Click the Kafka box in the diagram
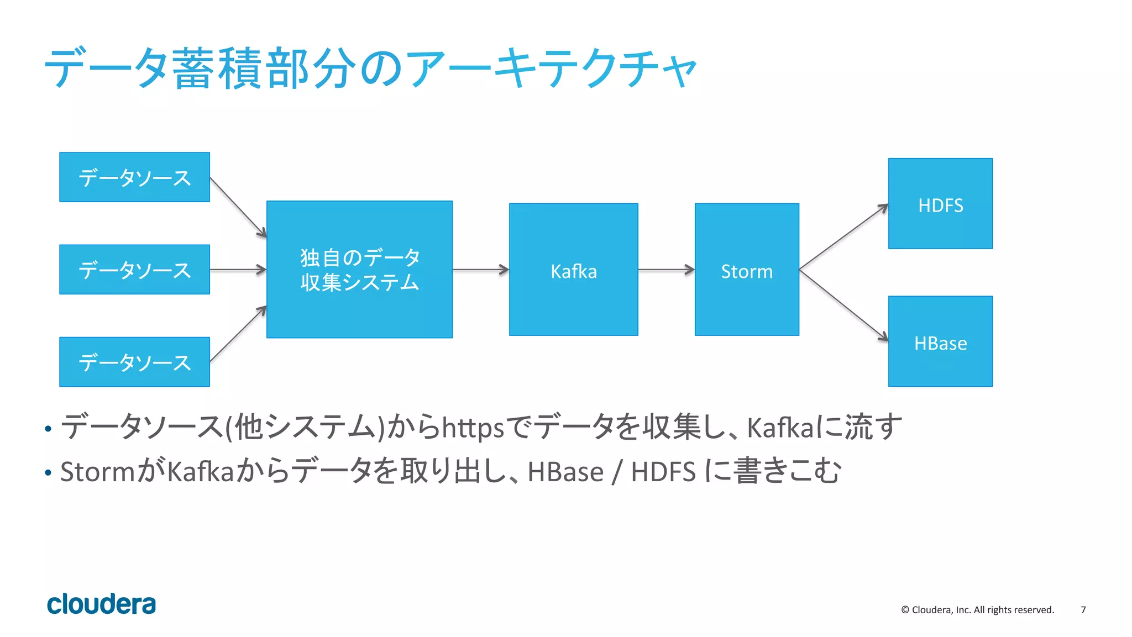[573, 270]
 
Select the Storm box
[746, 270]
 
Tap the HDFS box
[940, 204]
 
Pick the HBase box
[940, 341]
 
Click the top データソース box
[134, 177]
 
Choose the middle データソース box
[134, 270]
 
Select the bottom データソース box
[134, 362]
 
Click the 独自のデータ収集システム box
[359, 270]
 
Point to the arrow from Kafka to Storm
[666, 270]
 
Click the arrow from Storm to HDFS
[843, 237]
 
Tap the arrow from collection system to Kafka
[480, 270]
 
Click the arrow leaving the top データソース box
[238, 207]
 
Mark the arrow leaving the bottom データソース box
[238, 334]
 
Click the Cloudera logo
[101, 604]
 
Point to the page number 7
[1083, 610]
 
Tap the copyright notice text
[977, 610]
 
